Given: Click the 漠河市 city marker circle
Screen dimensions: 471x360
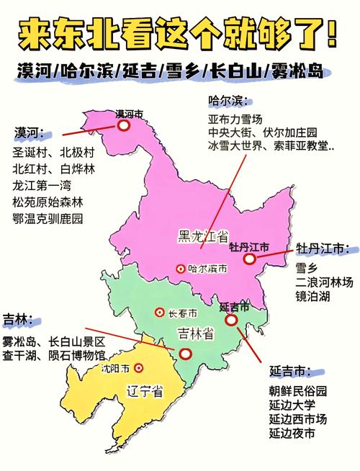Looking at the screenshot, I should [x=123, y=125].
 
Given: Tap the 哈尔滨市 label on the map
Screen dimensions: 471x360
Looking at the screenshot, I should [x=207, y=268].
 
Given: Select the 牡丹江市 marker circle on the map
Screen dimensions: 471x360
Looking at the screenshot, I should [x=249, y=259].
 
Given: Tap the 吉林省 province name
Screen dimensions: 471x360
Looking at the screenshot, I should [x=194, y=333].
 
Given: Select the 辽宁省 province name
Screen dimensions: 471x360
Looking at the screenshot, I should [x=144, y=392].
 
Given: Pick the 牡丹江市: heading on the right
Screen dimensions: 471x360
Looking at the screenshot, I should [x=322, y=249].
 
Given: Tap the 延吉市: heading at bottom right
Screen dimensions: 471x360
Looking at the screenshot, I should [x=290, y=372].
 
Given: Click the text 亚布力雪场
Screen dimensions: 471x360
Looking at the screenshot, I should [x=235, y=118].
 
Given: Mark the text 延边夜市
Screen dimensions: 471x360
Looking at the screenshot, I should [x=292, y=434].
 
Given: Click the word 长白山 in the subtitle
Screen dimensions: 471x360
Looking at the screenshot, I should [x=238, y=71].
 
